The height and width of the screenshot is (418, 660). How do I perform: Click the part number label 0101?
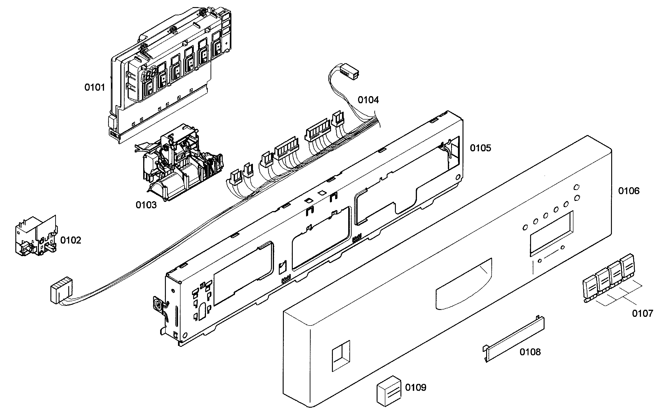click(x=95, y=87)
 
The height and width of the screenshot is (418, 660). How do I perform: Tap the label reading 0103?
click(x=146, y=205)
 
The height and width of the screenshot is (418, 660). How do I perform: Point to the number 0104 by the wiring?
click(x=368, y=100)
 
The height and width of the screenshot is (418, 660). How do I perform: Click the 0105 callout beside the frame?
click(x=480, y=148)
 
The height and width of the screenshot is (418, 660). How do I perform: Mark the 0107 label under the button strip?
click(x=642, y=313)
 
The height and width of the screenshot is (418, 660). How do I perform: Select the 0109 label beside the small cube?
click(x=416, y=387)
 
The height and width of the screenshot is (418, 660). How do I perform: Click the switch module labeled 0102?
click(x=36, y=236)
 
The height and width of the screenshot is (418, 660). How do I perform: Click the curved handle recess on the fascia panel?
click(x=463, y=285)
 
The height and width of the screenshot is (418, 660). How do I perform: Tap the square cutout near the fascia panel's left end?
click(x=341, y=356)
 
